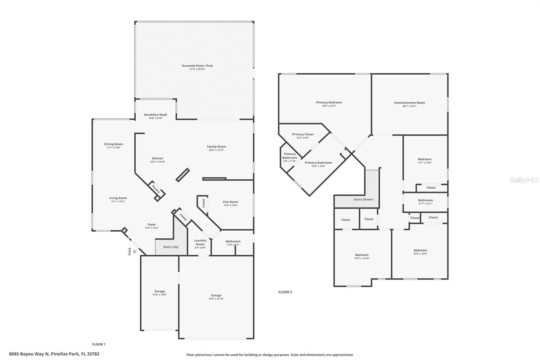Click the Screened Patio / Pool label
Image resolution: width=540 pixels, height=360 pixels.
point(197,66)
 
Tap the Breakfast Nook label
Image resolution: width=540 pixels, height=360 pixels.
point(156,115)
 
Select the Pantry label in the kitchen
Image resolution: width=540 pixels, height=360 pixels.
point(156,189)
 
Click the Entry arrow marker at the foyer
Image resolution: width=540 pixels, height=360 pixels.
point(135,252)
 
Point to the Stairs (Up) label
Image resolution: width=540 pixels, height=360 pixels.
point(171,247)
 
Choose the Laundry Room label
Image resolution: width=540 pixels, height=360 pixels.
point(200,242)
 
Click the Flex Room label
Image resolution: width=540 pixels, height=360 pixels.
point(231,202)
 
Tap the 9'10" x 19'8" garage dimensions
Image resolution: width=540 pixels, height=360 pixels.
point(160,295)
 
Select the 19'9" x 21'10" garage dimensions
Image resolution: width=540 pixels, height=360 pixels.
point(216,299)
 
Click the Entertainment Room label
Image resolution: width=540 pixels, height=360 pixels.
point(409,103)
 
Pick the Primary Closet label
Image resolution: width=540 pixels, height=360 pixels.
point(302,134)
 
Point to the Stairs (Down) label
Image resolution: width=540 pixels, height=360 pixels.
point(363,199)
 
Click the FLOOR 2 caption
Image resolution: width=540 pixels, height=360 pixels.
point(285,292)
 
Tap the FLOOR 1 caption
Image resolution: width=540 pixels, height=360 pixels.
point(99,344)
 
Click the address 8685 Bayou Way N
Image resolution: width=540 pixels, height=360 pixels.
point(54,354)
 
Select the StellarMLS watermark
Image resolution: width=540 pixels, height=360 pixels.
point(524,180)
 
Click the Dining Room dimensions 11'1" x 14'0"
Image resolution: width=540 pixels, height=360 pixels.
point(113,148)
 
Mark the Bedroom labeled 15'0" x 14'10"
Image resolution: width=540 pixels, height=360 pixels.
point(362,255)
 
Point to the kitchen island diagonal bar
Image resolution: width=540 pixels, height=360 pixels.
point(183,175)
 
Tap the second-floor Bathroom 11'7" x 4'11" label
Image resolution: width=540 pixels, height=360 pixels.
point(425,200)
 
